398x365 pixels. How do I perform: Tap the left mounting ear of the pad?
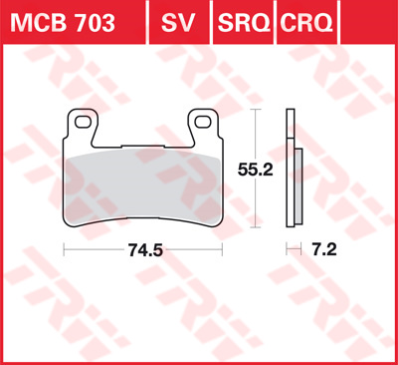pyautogui.click(x=82, y=127)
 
